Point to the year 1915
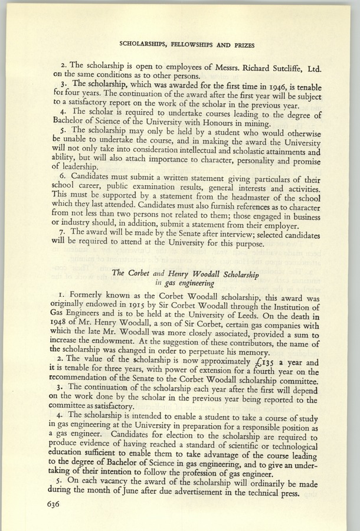tap(122, 306)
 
